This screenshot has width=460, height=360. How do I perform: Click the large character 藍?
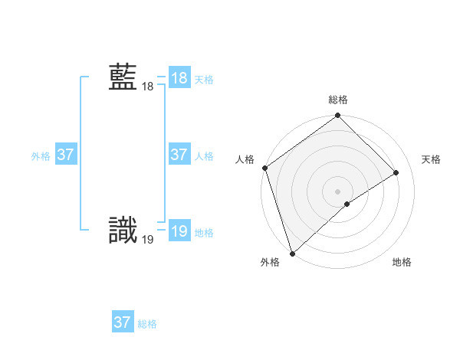123,78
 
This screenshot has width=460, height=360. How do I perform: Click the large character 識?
123,231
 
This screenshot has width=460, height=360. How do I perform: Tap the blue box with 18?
179,78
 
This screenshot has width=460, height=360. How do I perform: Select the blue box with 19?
179,231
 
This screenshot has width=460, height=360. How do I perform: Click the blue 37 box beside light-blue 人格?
179,155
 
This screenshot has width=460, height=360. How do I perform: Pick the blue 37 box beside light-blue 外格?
65,155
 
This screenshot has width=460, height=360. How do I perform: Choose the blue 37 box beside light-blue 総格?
122,322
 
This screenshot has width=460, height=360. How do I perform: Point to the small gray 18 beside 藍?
147,87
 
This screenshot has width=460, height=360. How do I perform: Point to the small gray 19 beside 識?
147,240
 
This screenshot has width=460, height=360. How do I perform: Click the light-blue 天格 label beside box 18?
204,80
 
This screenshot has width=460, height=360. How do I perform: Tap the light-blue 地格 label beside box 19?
204,233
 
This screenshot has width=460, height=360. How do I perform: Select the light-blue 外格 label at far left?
41,156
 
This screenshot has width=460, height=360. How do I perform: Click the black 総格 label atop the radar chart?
338,100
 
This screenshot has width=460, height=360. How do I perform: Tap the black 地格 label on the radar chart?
402,263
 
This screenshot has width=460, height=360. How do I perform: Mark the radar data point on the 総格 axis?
338,116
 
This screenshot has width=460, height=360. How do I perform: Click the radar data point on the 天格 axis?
396,172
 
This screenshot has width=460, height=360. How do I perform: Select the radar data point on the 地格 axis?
347,204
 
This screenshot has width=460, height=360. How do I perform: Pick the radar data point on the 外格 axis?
292,253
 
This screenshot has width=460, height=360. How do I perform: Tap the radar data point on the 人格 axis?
264,168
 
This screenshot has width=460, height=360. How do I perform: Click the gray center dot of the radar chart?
338,191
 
